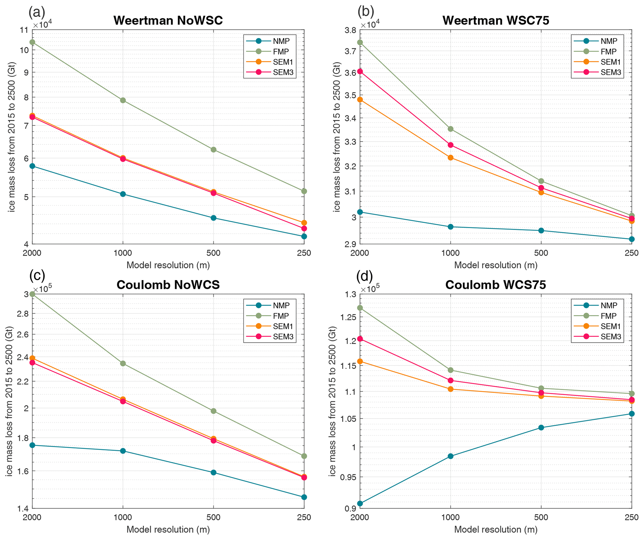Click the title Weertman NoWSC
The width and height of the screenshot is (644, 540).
[x=168, y=21]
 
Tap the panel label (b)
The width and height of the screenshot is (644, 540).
[x=365, y=12]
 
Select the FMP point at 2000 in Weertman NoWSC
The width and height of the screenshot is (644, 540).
[x=32, y=42]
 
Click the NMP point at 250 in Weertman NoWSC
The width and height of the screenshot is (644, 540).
[x=304, y=237]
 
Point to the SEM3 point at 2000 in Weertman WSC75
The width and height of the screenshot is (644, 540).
[x=360, y=71]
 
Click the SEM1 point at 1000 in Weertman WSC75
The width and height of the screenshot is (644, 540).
[x=451, y=158]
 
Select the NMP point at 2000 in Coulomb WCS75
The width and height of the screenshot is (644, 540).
[x=360, y=504]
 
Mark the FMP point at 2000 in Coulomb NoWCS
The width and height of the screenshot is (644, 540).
[x=32, y=294]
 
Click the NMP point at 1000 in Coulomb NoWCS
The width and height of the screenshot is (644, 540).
[x=123, y=451]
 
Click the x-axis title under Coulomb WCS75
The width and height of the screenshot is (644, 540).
[x=496, y=529]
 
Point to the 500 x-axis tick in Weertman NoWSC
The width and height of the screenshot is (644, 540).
[x=213, y=253]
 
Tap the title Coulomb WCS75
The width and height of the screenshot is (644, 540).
[x=495, y=285]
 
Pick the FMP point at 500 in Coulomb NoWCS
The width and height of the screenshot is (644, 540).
[x=213, y=411]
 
